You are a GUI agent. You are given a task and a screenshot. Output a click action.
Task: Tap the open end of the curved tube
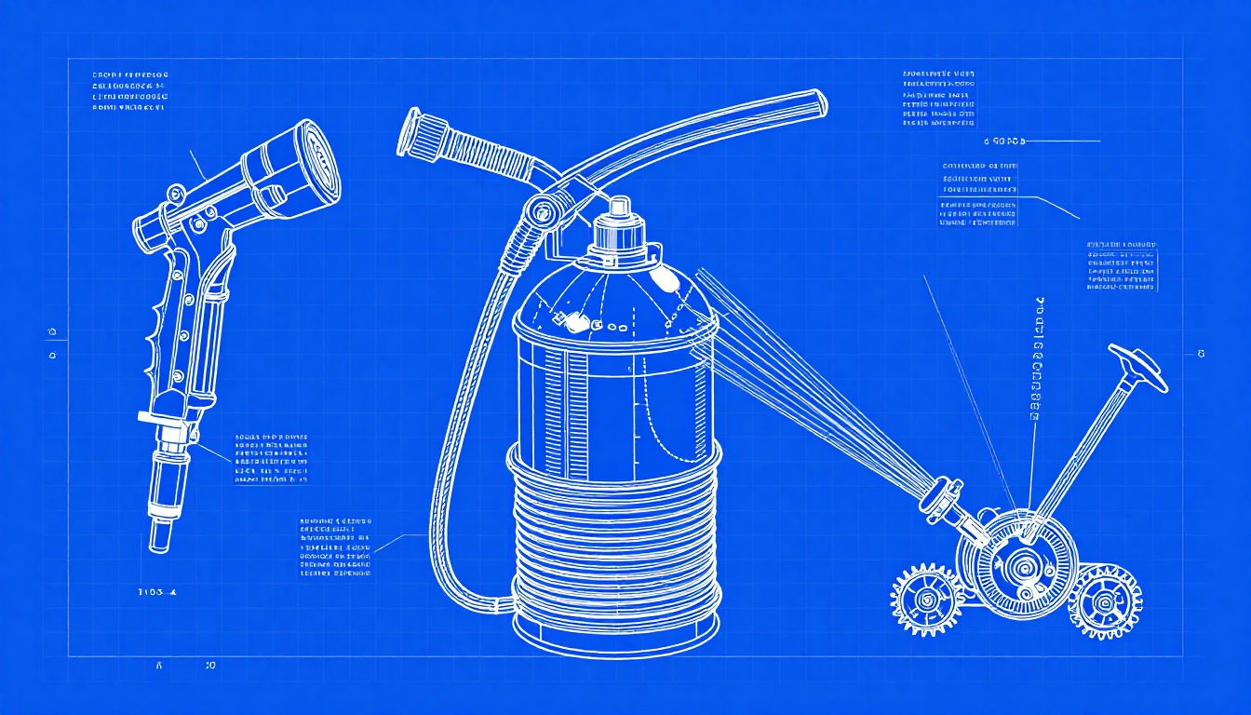[817, 102]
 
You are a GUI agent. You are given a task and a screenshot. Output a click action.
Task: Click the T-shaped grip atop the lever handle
[1137, 366]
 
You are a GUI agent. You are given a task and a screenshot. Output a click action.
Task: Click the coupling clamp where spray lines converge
[942, 492]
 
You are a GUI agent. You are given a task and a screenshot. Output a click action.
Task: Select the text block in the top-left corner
[130, 91]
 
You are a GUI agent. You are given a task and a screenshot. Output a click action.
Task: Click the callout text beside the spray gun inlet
[272, 459]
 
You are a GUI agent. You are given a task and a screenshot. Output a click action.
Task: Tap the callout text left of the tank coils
[335, 546]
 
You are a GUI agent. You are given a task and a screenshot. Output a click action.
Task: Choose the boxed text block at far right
[1122, 265]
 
